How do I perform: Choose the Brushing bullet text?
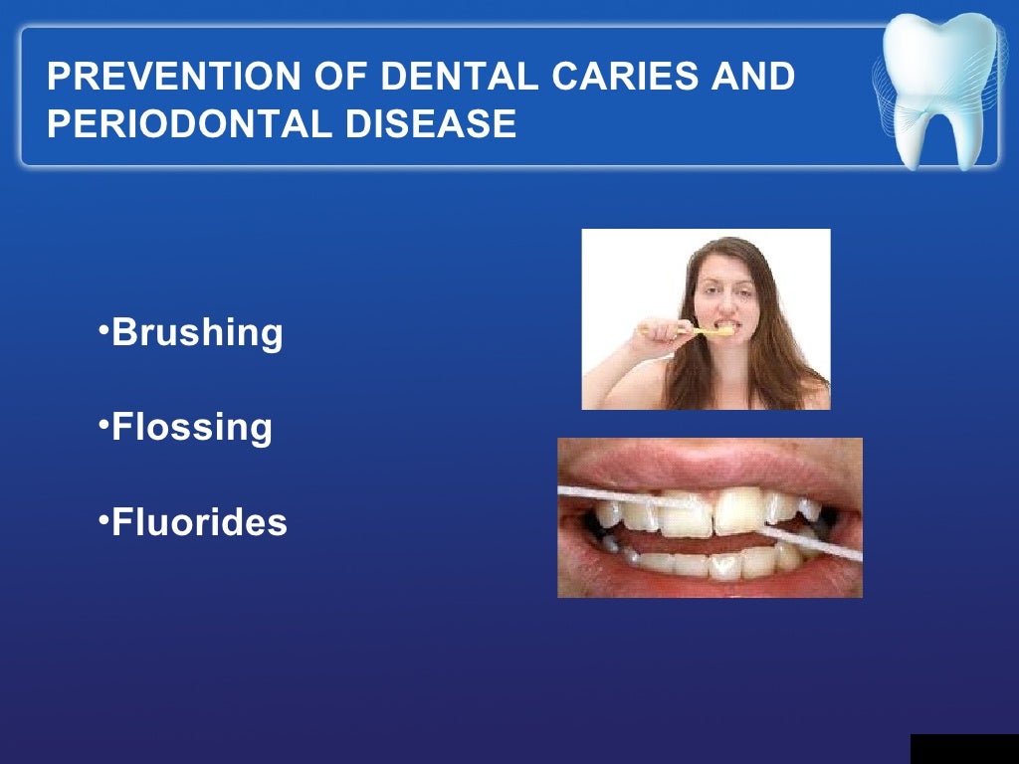pos(197,332)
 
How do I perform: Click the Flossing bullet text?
pos(191,427)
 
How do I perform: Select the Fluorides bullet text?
pos(199,521)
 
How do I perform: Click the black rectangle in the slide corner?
pos(963,748)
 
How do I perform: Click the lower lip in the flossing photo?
pos(697,585)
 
